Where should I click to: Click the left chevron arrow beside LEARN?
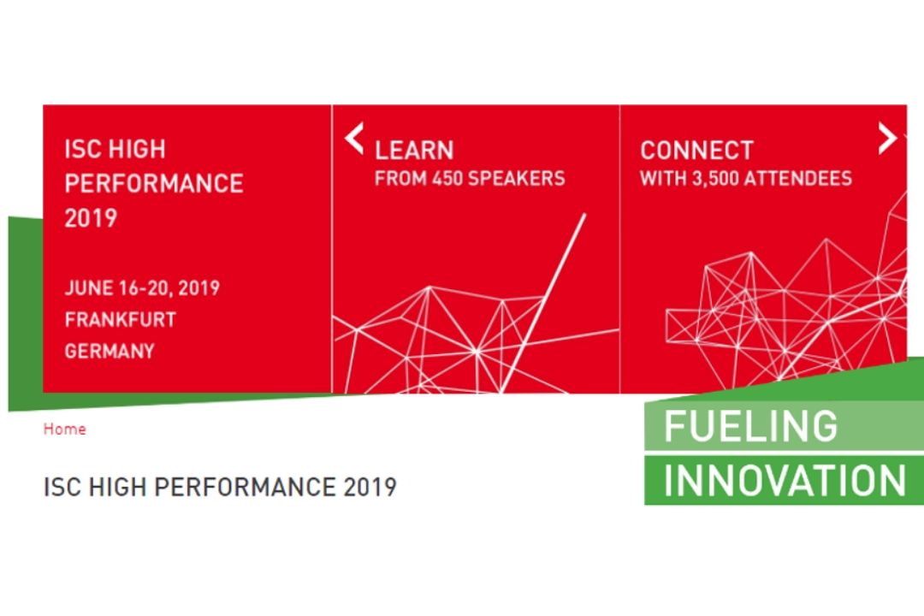click(x=353, y=138)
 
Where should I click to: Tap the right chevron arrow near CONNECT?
click(x=887, y=138)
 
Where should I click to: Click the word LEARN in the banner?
click(x=414, y=151)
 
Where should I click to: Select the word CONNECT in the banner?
click(x=696, y=151)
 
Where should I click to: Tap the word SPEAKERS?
click(x=517, y=179)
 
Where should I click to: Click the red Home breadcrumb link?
click(x=65, y=429)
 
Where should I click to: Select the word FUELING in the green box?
click(x=750, y=425)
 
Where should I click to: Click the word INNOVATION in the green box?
click(x=785, y=481)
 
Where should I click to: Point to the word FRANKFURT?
click(x=121, y=319)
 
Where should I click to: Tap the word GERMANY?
click(x=110, y=352)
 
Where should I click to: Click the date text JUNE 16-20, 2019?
click(x=142, y=287)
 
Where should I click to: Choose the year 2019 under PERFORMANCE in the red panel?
click(x=91, y=218)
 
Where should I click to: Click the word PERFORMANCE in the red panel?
click(x=154, y=184)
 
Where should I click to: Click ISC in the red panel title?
click(x=81, y=150)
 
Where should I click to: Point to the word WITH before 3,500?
click(x=663, y=179)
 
